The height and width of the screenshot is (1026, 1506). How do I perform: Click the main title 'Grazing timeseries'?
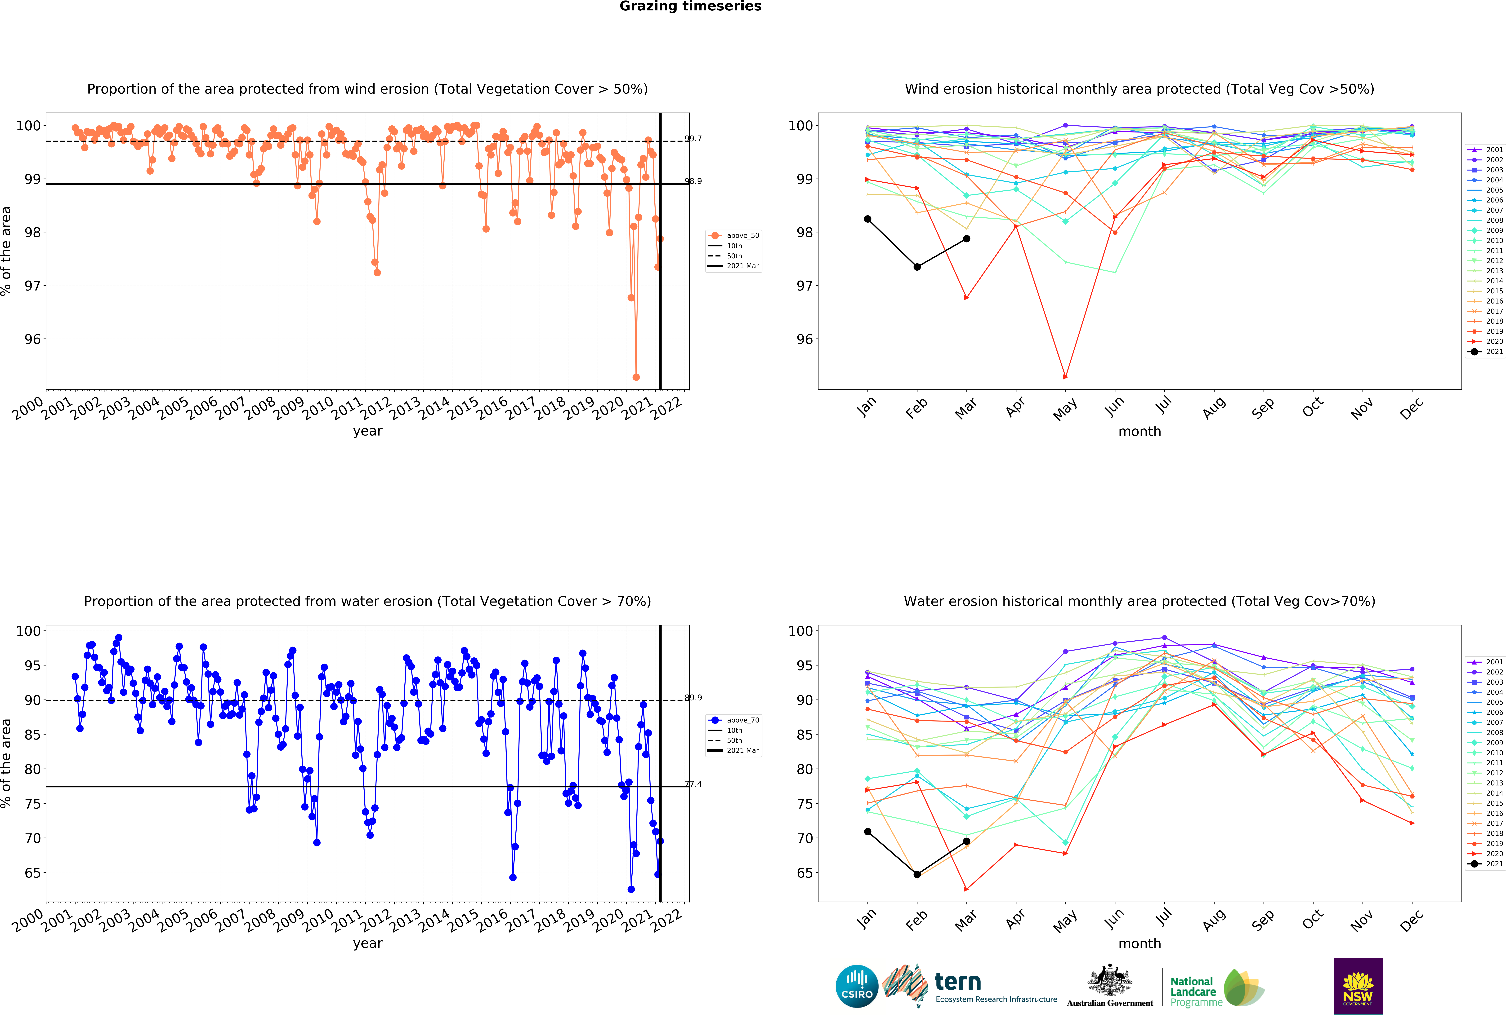pyautogui.click(x=690, y=6)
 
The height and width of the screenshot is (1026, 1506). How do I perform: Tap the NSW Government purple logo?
pyautogui.click(x=1358, y=986)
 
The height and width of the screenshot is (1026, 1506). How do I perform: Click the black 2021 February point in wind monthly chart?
pyautogui.click(x=917, y=267)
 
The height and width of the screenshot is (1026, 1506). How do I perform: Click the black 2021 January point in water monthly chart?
pyautogui.click(x=868, y=832)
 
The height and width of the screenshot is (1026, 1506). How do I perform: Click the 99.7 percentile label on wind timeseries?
pyautogui.click(x=693, y=139)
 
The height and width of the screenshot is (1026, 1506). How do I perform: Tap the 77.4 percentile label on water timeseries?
pyautogui.click(x=693, y=784)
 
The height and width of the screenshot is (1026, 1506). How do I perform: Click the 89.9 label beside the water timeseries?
pyautogui.click(x=693, y=698)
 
